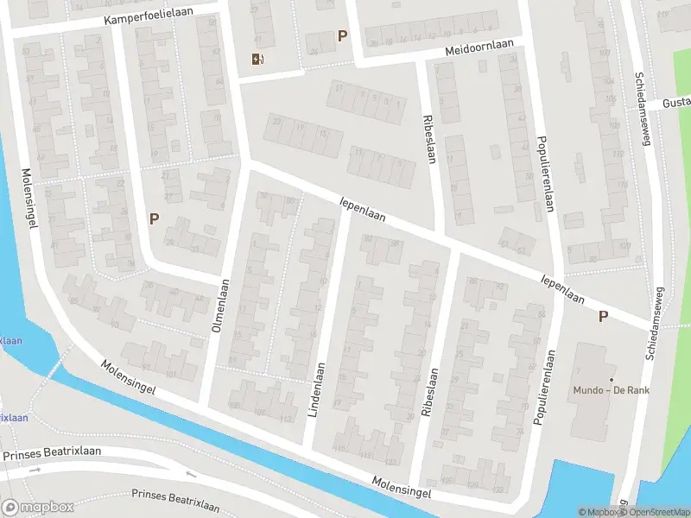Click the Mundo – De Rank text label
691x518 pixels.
[612, 390]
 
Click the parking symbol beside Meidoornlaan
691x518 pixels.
[343, 36]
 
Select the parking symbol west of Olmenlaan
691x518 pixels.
[154, 219]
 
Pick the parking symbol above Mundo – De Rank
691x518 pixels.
[603, 317]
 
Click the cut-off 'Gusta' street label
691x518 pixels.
[675, 103]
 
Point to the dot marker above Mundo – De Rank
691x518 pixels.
[612, 379]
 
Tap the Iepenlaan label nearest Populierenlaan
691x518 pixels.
[562, 290]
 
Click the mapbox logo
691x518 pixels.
[37, 508]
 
